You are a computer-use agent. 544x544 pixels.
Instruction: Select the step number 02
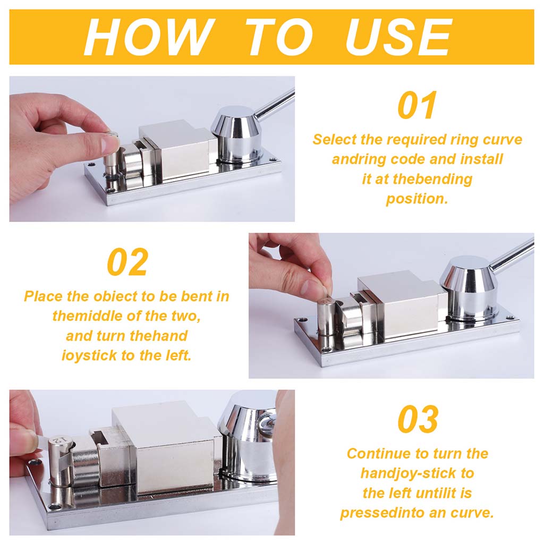tap(127, 262)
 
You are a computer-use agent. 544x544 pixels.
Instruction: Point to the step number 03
tap(418, 419)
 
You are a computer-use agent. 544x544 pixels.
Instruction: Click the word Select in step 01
tap(335, 140)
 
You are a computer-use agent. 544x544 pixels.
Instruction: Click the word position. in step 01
tap(417, 199)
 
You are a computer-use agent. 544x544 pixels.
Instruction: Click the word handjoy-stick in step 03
tap(408, 474)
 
